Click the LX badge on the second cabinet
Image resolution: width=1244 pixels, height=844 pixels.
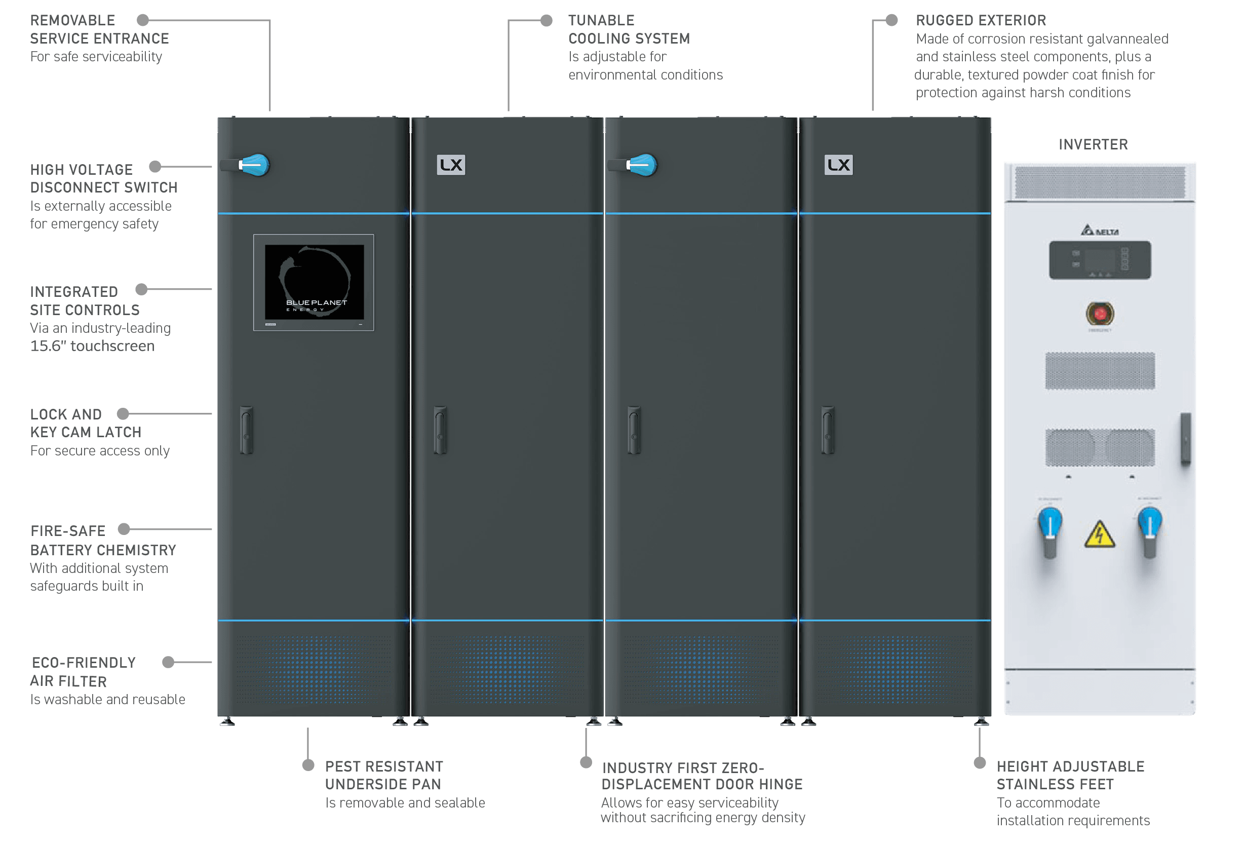(x=451, y=165)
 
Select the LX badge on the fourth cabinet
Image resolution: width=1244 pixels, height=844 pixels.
(x=838, y=165)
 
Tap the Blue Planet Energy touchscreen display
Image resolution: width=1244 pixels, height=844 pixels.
(x=314, y=282)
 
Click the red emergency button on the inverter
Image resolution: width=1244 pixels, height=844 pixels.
(x=1100, y=314)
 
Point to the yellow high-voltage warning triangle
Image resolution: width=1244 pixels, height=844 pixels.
(x=1100, y=534)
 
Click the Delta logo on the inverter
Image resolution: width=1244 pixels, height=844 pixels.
(x=1100, y=231)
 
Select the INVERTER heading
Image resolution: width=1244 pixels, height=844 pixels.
(x=1093, y=144)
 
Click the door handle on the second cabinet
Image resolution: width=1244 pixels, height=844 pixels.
(x=441, y=430)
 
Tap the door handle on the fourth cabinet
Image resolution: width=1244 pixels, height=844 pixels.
(x=828, y=430)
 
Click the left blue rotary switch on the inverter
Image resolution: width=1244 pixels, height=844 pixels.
(x=1049, y=531)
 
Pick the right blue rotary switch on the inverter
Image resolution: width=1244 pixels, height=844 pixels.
(x=1149, y=531)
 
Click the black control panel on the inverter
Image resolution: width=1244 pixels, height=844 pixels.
(x=1100, y=260)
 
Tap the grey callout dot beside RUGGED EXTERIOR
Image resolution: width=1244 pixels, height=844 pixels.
(x=892, y=20)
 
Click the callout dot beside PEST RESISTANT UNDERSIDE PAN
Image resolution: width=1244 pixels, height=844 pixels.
(x=308, y=765)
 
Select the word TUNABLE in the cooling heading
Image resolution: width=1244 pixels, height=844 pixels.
(x=601, y=20)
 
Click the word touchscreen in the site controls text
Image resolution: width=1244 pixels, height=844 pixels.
(x=112, y=346)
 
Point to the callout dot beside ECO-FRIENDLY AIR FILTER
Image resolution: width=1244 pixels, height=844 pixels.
(x=168, y=662)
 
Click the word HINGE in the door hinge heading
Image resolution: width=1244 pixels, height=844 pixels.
(x=780, y=784)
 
